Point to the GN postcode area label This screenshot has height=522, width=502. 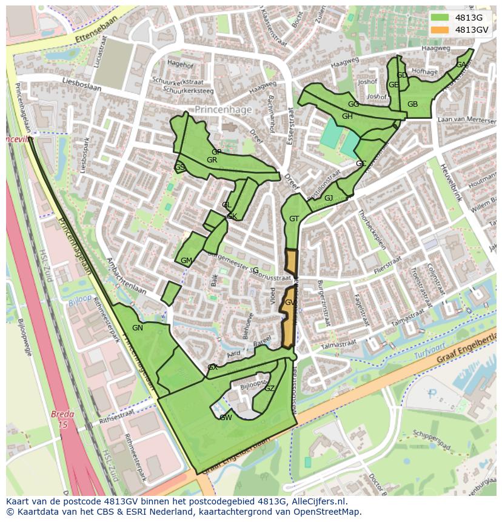[x=138, y=328]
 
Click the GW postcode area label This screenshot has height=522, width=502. [x=226, y=417]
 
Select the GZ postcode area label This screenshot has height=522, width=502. [x=270, y=389]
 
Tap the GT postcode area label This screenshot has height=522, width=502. [x=294, y=219]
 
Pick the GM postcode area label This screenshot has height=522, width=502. [x=186, y=261]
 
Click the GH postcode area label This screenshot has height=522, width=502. [x=347, y=116]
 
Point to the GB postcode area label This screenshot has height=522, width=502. [x=412, y=104]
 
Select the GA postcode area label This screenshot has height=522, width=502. [x=461, y=65]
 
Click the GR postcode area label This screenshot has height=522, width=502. [x=212, y=160]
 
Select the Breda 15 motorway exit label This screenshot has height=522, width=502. [x=62, y=420]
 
